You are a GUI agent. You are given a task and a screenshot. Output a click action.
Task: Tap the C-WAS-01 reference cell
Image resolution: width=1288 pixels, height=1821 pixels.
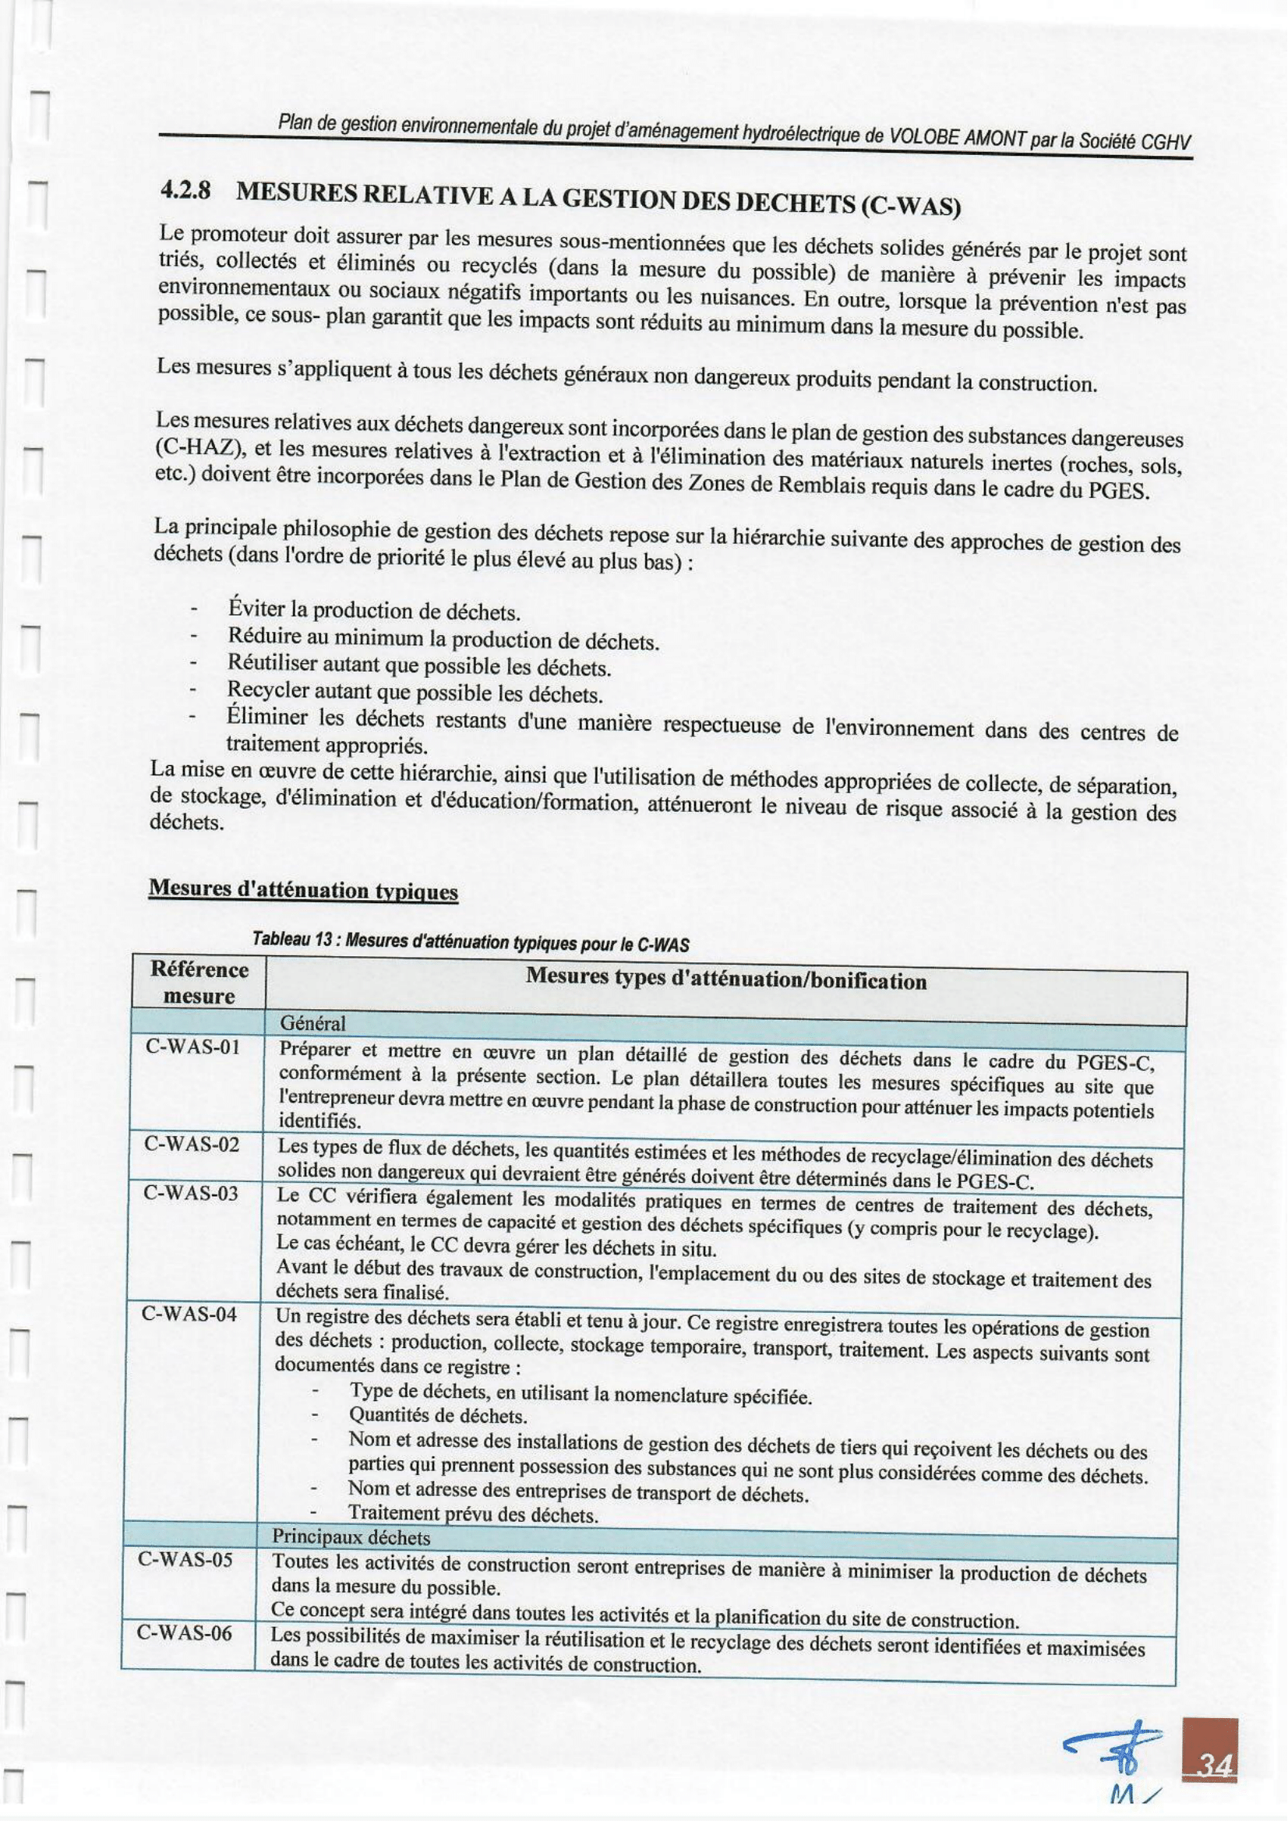point(192,1047)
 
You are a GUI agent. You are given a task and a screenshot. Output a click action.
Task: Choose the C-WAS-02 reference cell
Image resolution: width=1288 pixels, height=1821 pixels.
point(191,1145)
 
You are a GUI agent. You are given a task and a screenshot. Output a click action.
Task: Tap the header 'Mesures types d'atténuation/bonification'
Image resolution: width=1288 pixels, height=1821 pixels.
point(725,979)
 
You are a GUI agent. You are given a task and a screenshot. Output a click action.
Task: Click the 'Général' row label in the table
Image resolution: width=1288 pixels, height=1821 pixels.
point(312,1024)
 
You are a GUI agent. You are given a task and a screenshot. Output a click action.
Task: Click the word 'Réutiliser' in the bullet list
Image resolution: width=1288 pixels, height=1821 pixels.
point(273,661)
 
